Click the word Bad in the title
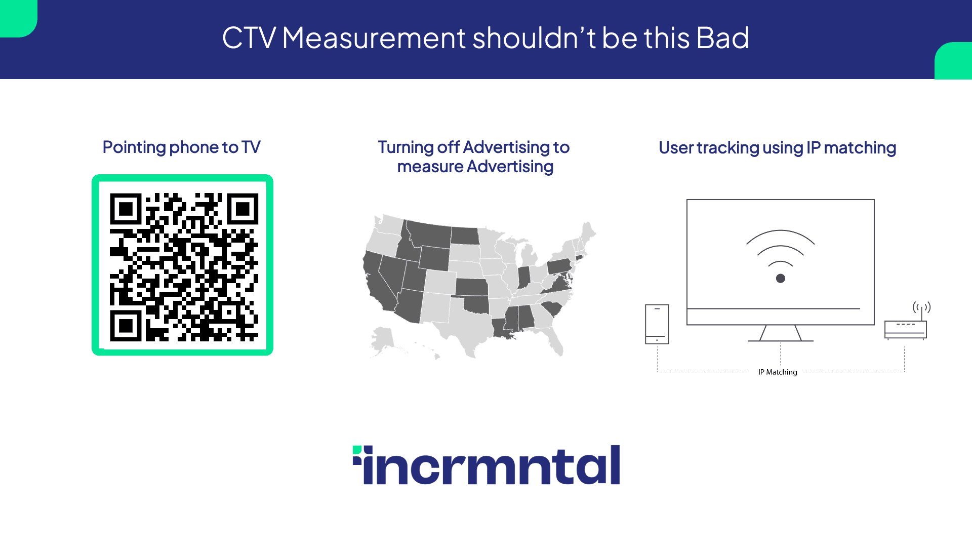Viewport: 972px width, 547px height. [x=722, y=38]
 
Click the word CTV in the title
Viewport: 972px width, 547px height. [x=249, y=38]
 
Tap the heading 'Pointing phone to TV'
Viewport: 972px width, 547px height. [x=181, y=147]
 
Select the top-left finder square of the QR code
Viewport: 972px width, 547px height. [x=126, y=209]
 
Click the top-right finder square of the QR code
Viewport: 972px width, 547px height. [x=242, y=209]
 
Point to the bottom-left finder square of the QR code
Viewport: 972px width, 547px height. [x=126, y=326]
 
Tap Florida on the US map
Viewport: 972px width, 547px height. [x=552, y=337]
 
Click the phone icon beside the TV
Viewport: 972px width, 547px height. [x=657, y=324]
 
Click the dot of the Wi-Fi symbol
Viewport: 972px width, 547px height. [x=781, y=279]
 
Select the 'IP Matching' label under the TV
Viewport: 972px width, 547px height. [x=778, y=372]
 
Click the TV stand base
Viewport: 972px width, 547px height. [x=781, y=341]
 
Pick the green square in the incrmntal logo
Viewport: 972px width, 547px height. [x=357, y=450]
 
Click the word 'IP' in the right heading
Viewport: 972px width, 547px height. [x=814, y=148]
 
